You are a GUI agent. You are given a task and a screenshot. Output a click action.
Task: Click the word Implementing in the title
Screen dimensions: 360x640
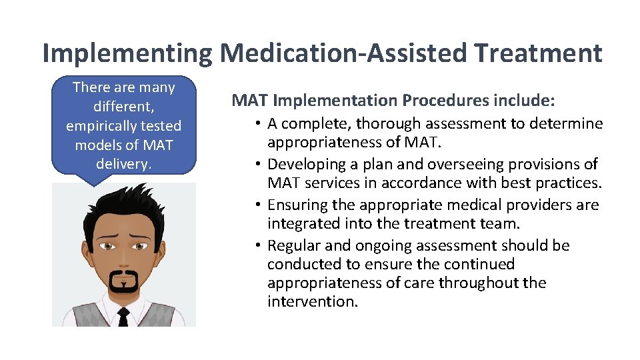pyautogui.click(x=126, y=53)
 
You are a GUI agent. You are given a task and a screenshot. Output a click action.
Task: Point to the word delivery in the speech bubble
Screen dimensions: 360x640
pyautogui.click(x=123, y=163)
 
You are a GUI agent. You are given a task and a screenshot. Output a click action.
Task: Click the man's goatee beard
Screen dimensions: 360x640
pyautogui.click(x=123, y=280)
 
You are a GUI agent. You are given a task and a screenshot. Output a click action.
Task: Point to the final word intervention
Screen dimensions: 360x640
pyautogui.click(x=312, y=301)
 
